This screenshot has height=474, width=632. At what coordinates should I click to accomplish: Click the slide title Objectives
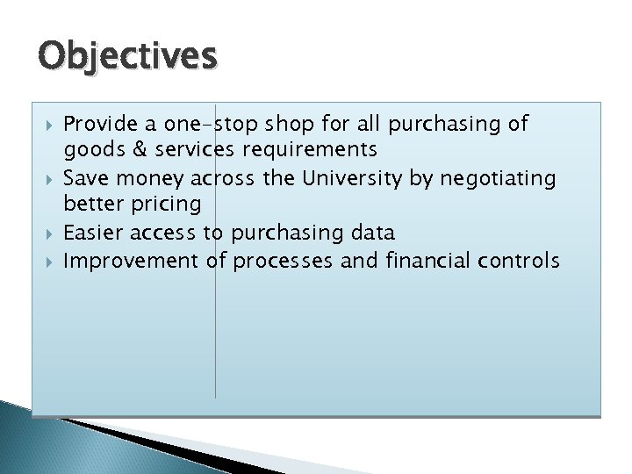[x=127, y=56]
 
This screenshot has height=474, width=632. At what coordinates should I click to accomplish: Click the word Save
[x=87, y=178]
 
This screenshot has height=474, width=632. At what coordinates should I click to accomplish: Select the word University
[x=354, y=178]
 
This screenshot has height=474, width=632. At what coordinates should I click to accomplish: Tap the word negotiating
[x=498, y=178]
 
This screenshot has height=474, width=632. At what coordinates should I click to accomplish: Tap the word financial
[x=423, y=260]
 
